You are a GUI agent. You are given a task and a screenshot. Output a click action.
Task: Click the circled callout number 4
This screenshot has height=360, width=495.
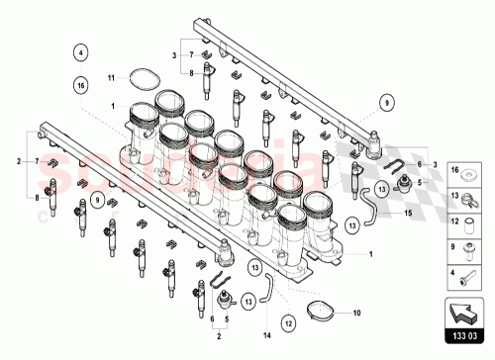point(81,51)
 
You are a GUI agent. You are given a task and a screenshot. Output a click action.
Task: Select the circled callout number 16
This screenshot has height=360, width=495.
point(81,87)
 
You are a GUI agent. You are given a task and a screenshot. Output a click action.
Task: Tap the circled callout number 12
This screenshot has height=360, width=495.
point(287,321)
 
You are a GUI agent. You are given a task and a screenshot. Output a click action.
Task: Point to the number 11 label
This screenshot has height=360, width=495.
point(112,76)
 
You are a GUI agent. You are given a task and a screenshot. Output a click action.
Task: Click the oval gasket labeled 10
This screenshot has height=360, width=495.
point(319,312)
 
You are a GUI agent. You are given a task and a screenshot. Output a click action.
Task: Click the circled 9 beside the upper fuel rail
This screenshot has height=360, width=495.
point(386,99)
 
